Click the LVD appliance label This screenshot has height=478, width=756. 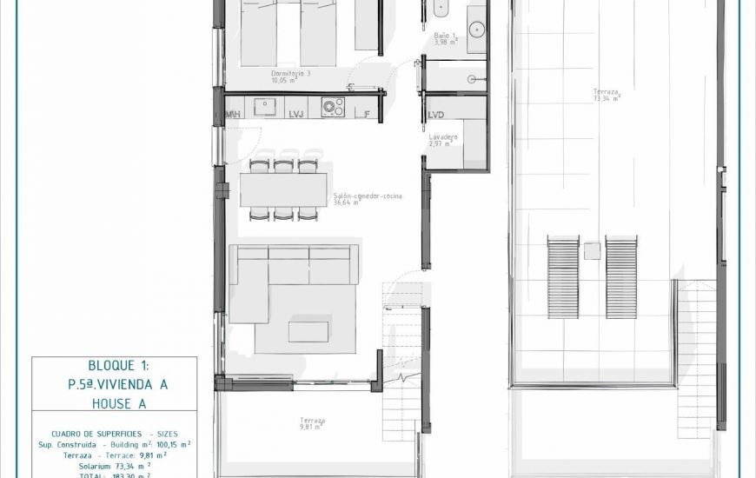pyautogui.click(x=436, y=114)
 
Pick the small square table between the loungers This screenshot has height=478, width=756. pyautogui.click(x=593, y=250)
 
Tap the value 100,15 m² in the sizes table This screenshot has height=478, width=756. pyautogui.click(x=167, y=443)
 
